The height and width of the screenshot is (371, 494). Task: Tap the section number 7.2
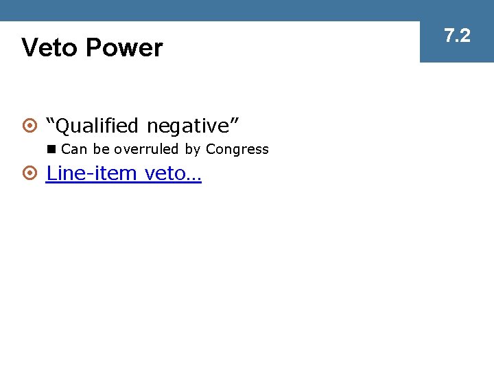[457, 36]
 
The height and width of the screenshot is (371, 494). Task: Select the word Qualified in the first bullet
[97, 126]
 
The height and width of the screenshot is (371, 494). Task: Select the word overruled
[146, 149]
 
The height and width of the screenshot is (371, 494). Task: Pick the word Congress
[237, 149]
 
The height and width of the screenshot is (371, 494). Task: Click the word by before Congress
[192, 150]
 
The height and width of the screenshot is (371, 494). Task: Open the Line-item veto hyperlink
[123, 173]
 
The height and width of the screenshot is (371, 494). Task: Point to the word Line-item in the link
[91, 173]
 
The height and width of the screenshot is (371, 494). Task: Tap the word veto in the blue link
[164, 173]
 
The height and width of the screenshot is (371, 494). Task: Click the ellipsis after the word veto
[193, 177]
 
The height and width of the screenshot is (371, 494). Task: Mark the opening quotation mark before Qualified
[50, 121]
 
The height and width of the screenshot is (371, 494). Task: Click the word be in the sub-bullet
[99, 149]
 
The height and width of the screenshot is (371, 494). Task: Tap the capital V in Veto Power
[30, 48]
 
